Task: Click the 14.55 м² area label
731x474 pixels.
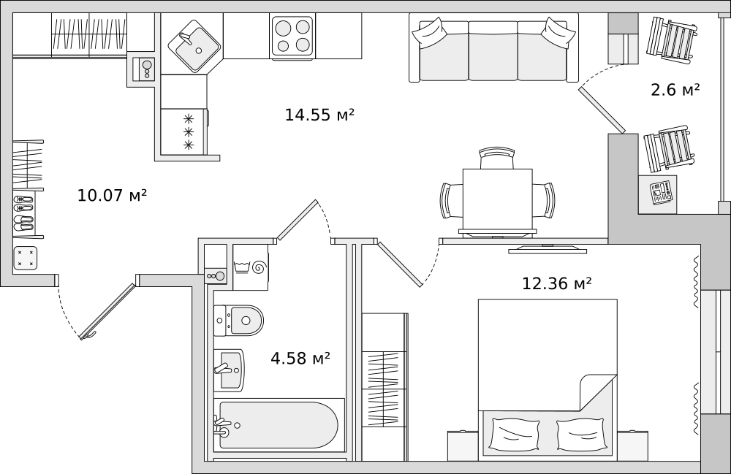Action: [x=319, y=115]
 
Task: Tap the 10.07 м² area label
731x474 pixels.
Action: [x=112, y=195]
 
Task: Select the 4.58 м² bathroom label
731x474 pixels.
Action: [x=300, y=358]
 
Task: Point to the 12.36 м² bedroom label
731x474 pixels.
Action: [x=556, y=283]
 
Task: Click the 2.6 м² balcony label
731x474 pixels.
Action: [x=675, y=90]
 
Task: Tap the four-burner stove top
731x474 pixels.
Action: [x=292, y=35]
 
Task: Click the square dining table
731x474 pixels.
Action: [x=497, y=199]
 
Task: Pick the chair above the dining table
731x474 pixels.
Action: [x=497, y=158]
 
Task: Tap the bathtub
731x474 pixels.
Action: [x=278, y=425]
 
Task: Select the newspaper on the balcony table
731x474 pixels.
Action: [x=661, y=193]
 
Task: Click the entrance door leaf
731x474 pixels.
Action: [x=108, y=311]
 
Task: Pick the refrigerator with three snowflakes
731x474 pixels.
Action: [x=185, y=131]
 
